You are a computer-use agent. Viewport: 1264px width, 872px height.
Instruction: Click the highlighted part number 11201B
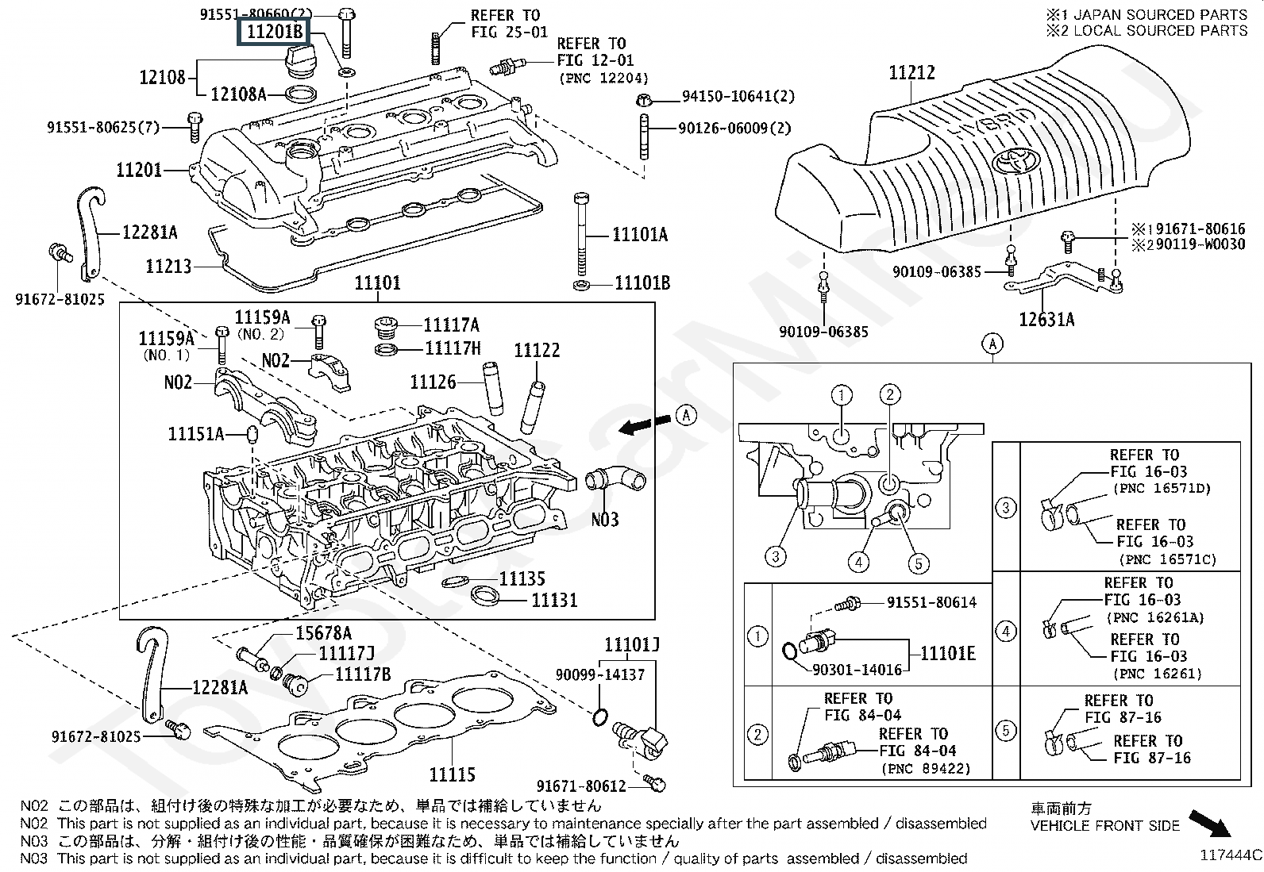click(x=273, y=32)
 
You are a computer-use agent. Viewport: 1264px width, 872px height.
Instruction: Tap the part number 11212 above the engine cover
click(x=911, y=72)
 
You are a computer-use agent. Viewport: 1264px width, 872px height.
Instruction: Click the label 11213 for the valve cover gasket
click(x=168, y=266)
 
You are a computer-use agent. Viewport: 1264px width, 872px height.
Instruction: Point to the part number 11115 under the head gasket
click(x=452, y=774)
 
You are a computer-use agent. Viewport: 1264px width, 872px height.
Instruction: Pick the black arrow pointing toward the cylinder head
click(x=640, y=427)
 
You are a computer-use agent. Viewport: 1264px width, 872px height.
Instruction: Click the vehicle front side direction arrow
click(x=1211, y=823)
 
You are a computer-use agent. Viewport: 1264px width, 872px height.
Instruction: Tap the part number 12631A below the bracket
click(x=1046, y=319)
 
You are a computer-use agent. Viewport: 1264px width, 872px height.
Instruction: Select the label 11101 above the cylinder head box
click(x=377, y=283)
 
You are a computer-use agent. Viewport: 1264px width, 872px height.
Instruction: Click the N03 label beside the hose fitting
click(x=604, y=520)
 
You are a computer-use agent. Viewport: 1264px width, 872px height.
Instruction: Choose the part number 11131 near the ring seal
click(x=554, y=600)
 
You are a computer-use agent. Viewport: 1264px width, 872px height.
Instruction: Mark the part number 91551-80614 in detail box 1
click(x=931, y=602)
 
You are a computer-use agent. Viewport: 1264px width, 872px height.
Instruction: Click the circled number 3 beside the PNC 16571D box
click(x=1006, y=507)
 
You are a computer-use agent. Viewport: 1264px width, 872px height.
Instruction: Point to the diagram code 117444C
click(x=1230, y=855)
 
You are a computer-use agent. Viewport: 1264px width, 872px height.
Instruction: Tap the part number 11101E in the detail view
click(x=948, y=654)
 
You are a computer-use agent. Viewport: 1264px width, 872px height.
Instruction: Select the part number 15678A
click(x=323, y=632)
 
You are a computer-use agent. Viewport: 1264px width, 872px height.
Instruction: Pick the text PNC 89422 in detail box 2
click(x=926, y=768)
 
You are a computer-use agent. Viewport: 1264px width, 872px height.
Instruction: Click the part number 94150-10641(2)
click(x=738, y=97)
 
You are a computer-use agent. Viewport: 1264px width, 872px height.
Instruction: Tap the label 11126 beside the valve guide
click(x=433, y=382)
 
